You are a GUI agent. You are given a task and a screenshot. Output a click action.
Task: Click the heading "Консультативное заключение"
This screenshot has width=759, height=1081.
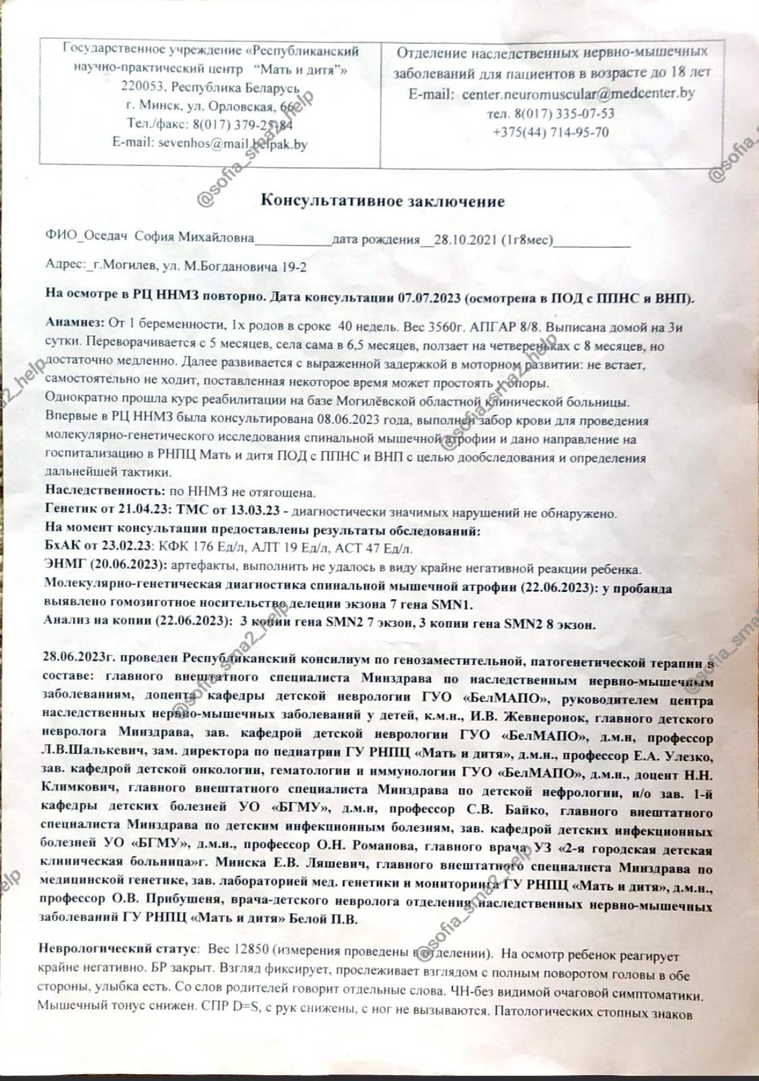383,201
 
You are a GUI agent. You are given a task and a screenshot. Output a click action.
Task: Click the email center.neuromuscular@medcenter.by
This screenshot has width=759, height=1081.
578,94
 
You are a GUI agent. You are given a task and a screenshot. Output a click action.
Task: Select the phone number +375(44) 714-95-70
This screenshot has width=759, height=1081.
551,132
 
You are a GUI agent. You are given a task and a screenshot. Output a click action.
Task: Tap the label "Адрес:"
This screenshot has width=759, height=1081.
65,266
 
